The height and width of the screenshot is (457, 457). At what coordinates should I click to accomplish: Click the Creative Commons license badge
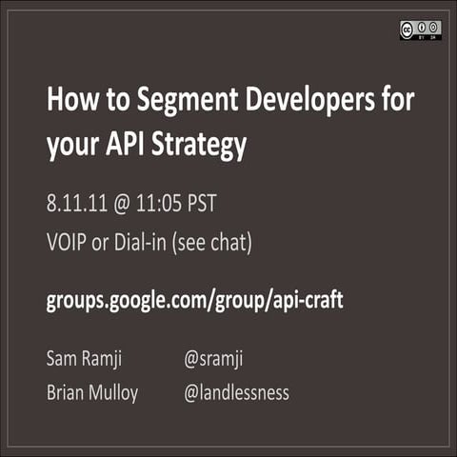[419, 30]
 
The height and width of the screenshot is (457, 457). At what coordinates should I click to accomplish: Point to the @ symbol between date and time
[129, 204]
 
